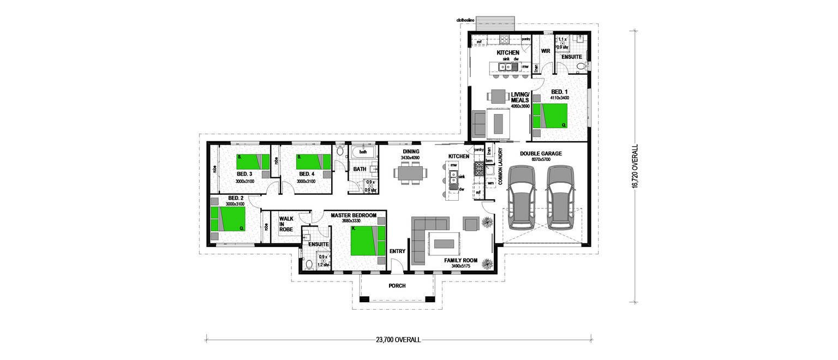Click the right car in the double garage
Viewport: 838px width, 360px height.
coord(561,197)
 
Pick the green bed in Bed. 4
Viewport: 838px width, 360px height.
coord(313,161)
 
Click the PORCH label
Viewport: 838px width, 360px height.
coord(397,286)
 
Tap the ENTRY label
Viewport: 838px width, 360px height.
coord(397,251)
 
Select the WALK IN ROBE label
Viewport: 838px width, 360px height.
coord(286,224)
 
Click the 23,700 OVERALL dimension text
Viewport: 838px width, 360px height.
coord(398,340)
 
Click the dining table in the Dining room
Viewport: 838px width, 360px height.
coord(411,173)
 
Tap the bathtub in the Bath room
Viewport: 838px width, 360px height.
coord(363,152)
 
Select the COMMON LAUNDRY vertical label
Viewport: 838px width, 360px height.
coord(500,166)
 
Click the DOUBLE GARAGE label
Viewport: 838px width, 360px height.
coord(540,154)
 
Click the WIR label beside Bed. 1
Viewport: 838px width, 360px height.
coord(544,51)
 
